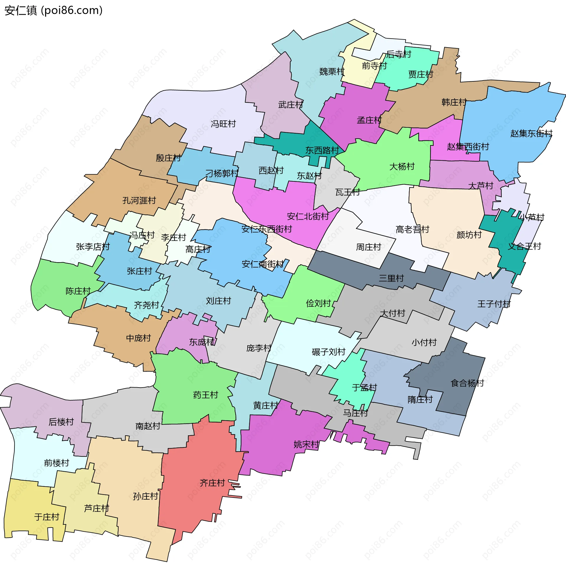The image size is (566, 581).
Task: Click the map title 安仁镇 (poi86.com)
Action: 54,10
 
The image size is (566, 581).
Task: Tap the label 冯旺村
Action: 223,124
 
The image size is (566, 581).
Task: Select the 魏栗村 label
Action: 331,72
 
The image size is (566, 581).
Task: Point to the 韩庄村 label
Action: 454,102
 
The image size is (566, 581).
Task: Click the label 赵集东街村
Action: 531,134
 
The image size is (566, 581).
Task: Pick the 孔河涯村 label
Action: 139,201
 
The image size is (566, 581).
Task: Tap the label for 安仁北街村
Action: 308,216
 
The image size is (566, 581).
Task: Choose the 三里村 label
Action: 391,278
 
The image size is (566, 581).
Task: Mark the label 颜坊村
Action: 469,235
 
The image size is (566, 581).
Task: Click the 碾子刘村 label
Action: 328,352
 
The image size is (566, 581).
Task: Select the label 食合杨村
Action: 467,383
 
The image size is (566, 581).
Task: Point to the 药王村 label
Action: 205,395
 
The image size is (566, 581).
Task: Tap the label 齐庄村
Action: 212,483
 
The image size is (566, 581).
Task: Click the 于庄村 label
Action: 47,517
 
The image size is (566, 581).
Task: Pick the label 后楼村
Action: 61,422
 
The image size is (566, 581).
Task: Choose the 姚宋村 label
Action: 306,444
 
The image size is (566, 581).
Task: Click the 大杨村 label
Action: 402,167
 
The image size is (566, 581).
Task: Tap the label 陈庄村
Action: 78,291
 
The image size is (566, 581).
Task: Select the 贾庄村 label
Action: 421,74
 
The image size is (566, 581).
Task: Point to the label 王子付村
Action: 494,304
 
